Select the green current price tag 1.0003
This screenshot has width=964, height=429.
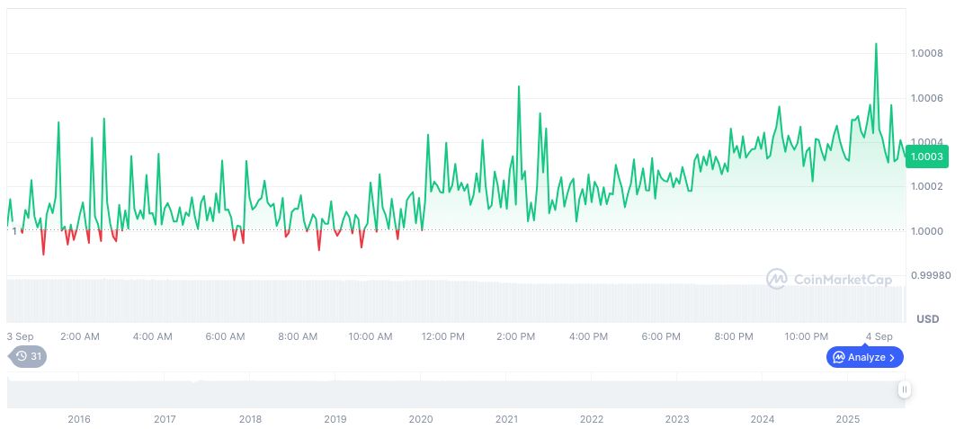click(926, 156)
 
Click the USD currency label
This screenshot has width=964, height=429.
click(927, 319)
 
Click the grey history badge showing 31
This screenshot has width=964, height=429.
click(28, 356)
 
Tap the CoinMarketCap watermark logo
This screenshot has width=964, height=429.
click(829, 280)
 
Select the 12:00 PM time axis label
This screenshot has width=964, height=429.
click(442, 336)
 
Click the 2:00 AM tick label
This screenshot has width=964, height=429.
click(79, 336)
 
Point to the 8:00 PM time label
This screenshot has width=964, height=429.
click(734, 336)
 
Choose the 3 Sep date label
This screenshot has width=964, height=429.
click(20, 336)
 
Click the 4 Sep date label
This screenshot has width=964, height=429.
click(878, 336)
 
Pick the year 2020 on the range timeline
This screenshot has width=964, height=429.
click(420, 419)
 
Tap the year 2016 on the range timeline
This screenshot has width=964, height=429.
click(79, 419)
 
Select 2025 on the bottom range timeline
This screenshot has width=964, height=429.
click(848, 419)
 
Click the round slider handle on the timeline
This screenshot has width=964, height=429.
click(904, 389)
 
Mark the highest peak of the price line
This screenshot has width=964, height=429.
click(876, 44)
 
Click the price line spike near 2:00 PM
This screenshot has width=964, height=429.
click(519, 87)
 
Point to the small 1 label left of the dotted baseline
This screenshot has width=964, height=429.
click(14, 231)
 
